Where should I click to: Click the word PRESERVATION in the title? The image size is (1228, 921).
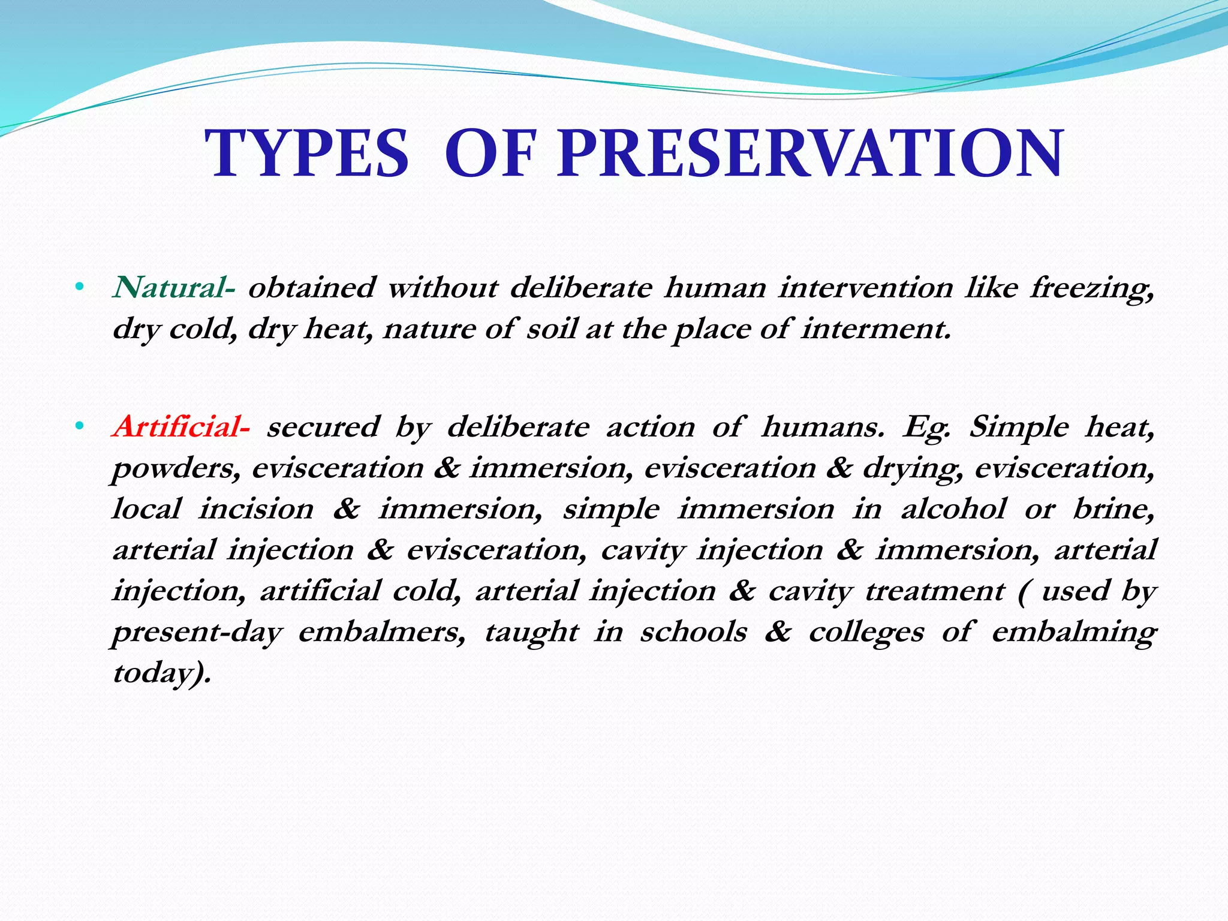[x=810, y=154]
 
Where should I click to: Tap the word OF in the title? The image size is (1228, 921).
[x=489, y=154]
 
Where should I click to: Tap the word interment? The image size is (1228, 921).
[x=876, y=329]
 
